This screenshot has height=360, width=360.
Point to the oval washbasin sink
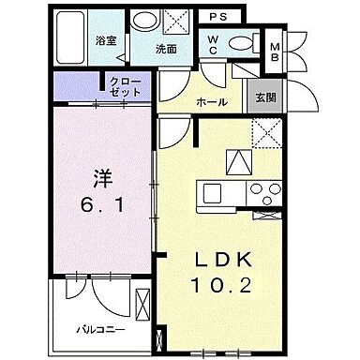pyautogui.click(x=145, y=20)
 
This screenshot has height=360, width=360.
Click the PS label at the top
pyautogui.click(x=217, y=17)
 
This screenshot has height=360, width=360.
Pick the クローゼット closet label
pyautogui.click(x=125, y=88)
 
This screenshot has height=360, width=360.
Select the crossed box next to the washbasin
pyautogui.click(x=174, y=21)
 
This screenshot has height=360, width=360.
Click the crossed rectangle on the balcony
pyautogui.click(x=142, y=306)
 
